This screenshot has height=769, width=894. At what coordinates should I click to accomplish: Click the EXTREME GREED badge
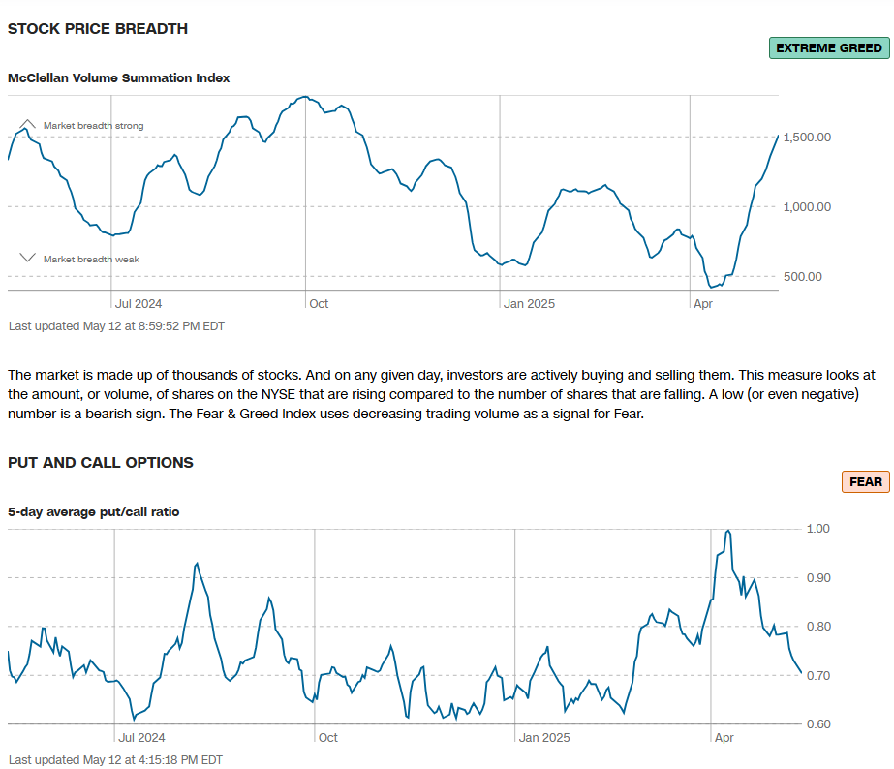(x=829, y=48)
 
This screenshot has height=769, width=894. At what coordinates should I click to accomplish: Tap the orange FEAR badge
(x=865, y=481)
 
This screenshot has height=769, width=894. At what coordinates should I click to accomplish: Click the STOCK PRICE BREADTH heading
(x=98, y=29)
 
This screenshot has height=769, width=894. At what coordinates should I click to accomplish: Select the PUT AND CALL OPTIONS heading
(x=101, y=463)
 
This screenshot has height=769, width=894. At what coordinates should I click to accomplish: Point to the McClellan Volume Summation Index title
(x=119, y=77)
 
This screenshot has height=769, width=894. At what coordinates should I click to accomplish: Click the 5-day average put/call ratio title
(x=94, y=511)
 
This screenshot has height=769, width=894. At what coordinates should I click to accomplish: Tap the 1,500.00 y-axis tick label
(x=808, y=138)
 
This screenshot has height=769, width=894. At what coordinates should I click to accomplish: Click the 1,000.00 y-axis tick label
(x=808, y=207)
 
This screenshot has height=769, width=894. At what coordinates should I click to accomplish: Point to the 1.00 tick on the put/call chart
(x=817, y=529)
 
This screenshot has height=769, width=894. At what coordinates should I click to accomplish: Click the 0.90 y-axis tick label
(x=817, y=578)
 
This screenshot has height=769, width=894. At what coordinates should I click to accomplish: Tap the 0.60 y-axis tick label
(x=817, y=724)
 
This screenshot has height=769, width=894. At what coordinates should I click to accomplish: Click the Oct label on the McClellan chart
(x=319, y=304)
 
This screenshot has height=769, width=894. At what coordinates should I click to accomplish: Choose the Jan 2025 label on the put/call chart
(x=544, y=738)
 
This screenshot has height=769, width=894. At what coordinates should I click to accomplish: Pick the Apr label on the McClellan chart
(x=702, y=304)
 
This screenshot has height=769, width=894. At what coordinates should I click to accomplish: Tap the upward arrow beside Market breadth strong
(x=28, y=125)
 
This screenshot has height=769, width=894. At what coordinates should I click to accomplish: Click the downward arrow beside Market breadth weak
(x=28, y=259)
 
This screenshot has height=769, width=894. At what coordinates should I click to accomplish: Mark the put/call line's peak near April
(x=727, y=531)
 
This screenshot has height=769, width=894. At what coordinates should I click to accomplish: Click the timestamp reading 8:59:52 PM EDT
(x=174, y=326)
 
